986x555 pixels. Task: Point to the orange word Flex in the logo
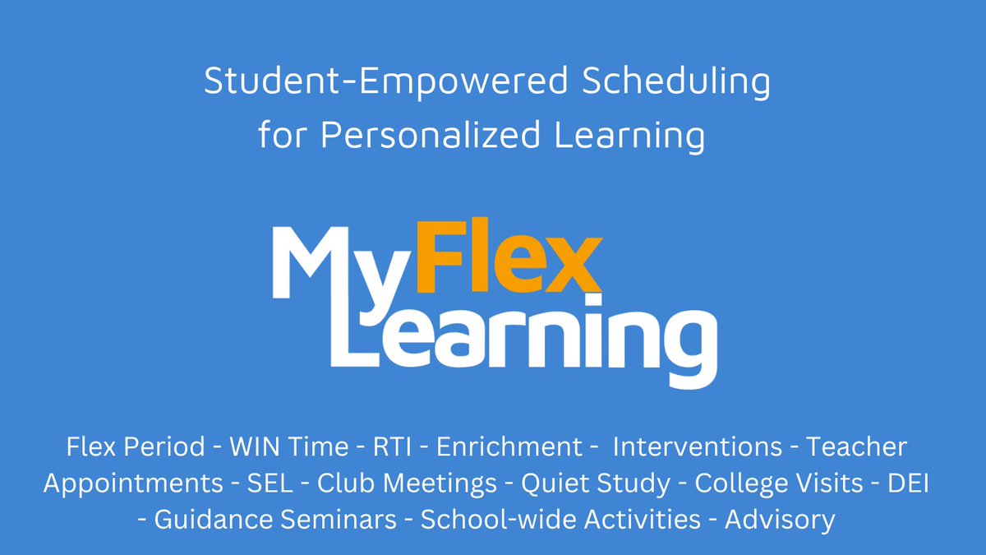click(x=503, y=257)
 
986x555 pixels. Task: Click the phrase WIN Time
click(x=289, y=447)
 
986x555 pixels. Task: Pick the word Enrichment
click(x=509, y=447)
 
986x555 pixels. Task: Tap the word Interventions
click(x=698, y=447)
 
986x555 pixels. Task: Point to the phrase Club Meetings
click(x=407, y=483)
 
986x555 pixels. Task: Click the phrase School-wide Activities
click(x=560, y=520)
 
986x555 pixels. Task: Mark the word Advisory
click(x=780, y=520)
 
